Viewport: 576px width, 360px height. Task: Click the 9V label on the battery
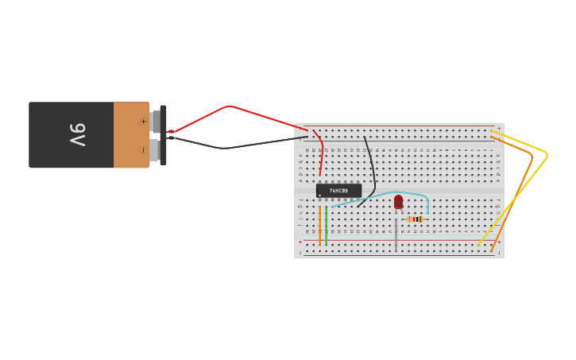tap(77, 134)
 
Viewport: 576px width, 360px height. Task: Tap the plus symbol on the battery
tap(143, 122)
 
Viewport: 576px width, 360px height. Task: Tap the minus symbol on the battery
tap(143, 149)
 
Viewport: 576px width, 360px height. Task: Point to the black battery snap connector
tap(163, 135)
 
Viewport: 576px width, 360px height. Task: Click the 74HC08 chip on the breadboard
tap(338, 191)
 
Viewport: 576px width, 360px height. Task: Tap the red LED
tap(398, 202)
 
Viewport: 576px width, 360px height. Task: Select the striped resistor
tap(415, 219)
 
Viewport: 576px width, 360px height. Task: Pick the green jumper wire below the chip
tap(326, 224)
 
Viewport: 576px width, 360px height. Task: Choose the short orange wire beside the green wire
tap(320, 226)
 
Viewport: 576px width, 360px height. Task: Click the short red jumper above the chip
tap(320, 151)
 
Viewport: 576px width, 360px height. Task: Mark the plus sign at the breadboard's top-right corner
tap(499, 127)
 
